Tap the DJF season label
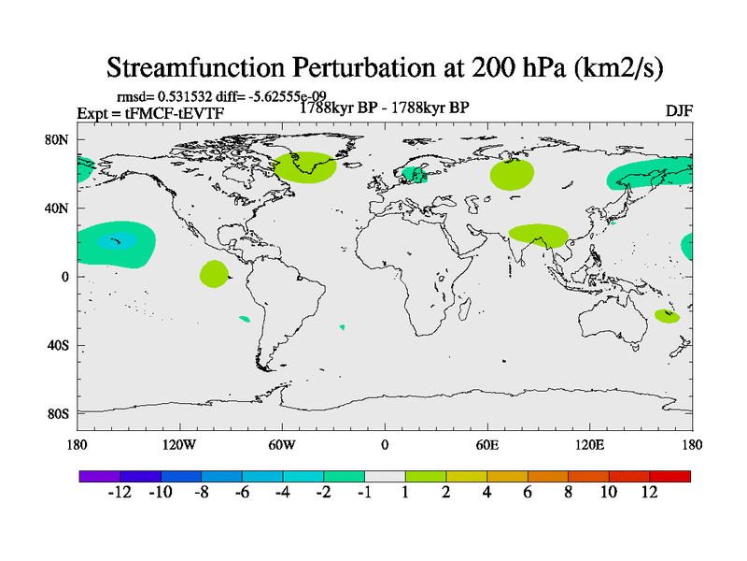click(678, 111)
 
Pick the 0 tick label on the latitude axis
click(66, 277)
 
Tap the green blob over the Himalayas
click(539, 236)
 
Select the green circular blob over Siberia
click(512, 174)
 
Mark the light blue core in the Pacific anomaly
click(117, 241)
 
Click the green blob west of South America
click(214, 274)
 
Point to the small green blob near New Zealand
click(666, 316)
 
